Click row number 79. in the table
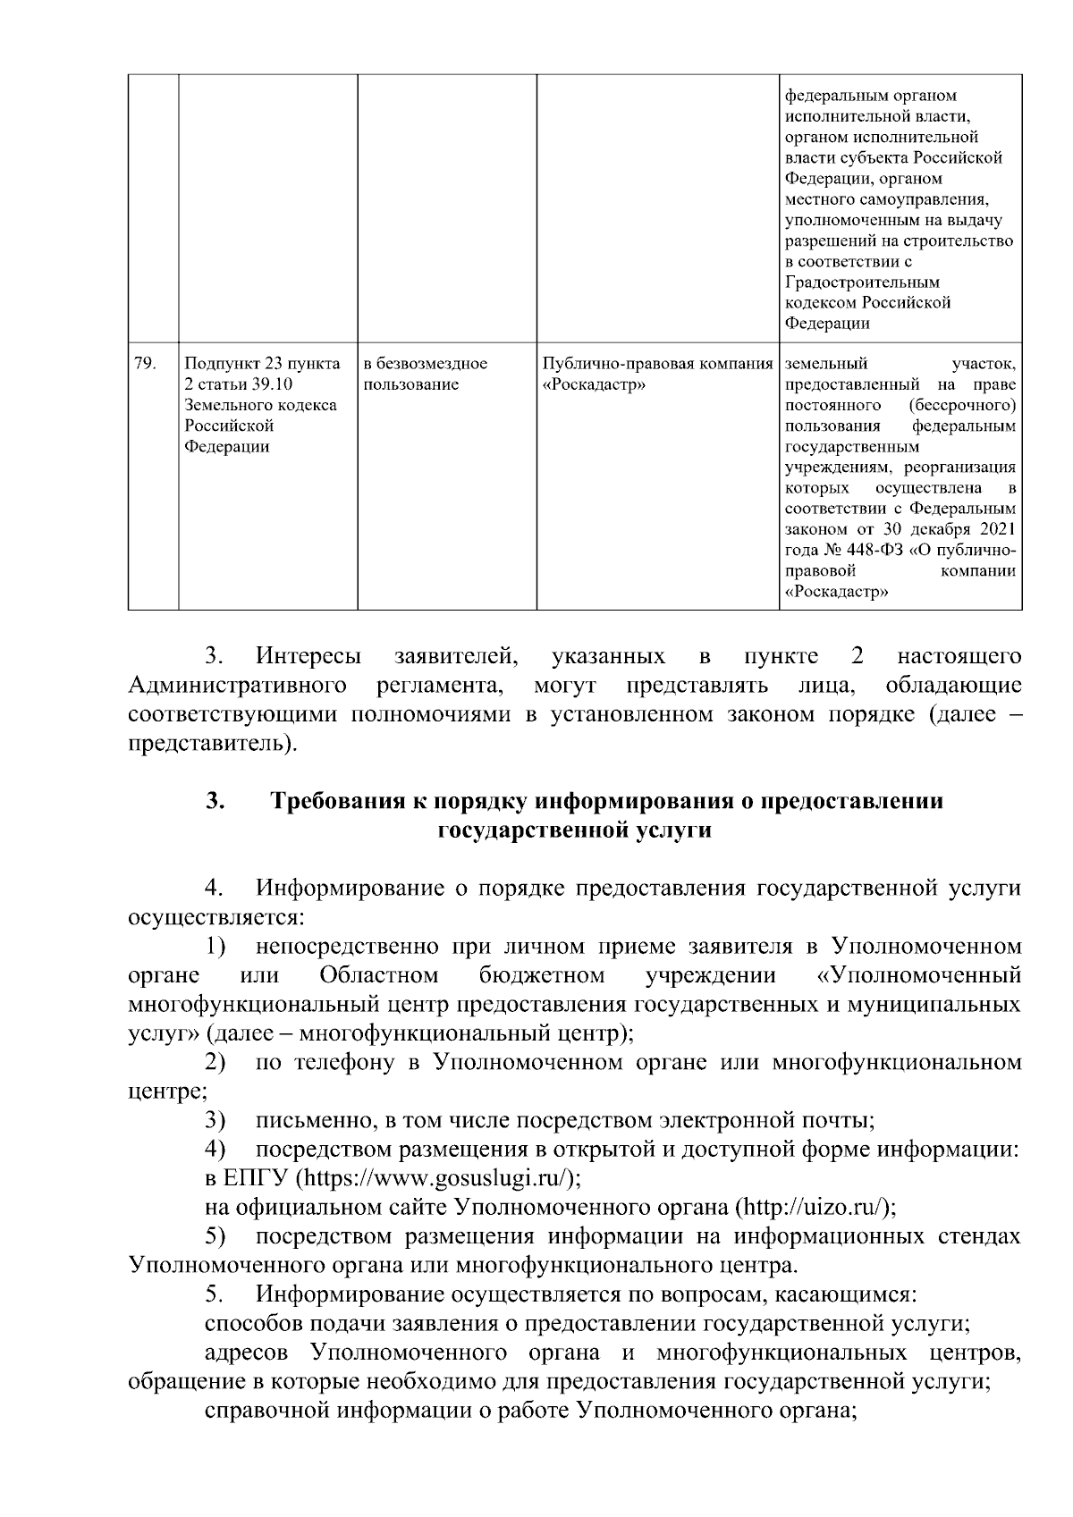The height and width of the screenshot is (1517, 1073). (x=144, y=363)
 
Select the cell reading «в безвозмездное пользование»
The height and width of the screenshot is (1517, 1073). (x=426, y=374)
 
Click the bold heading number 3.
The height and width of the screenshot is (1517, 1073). (x=214, y=801)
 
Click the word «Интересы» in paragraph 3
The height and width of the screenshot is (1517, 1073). (x=308, y=657)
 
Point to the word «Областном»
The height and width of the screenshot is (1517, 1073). (x=378, y=974)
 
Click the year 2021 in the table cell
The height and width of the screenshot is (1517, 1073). (x=998, y=529)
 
